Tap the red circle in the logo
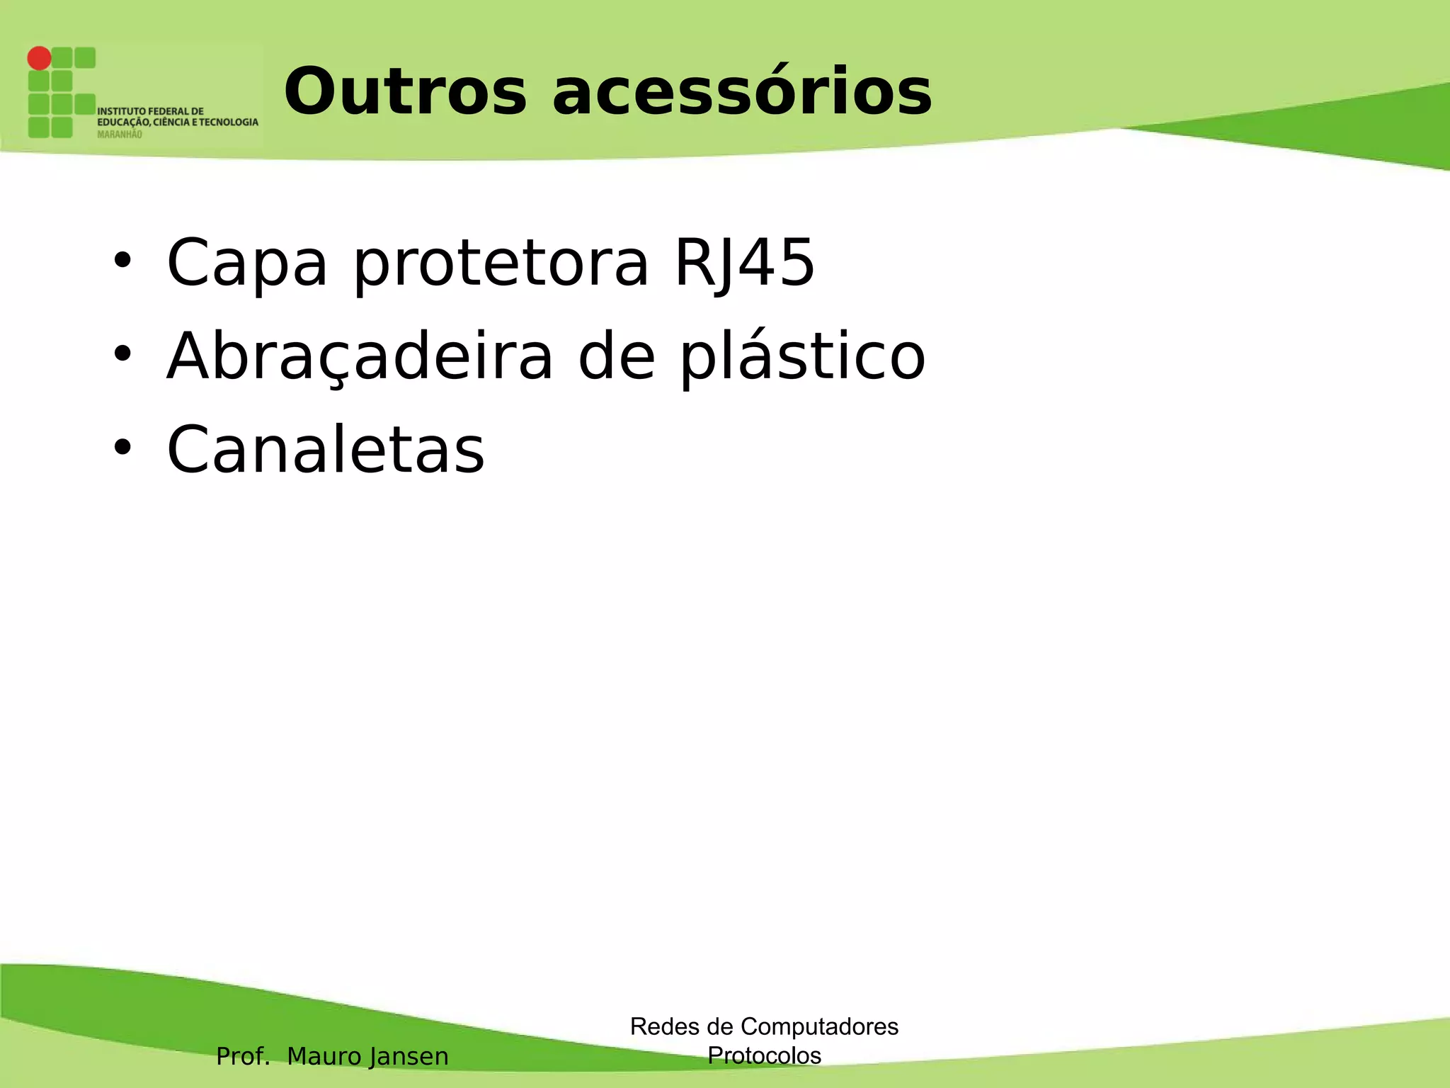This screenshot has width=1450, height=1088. point(40,58)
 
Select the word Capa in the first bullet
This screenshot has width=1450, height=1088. point(247,263)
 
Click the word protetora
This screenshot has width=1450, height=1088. point(501,263)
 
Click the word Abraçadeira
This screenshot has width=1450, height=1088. point(359,357)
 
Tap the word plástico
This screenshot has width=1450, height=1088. point(802,357)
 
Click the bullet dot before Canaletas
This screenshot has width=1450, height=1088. point(122,448)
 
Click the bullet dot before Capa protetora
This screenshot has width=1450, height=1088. point(122,261)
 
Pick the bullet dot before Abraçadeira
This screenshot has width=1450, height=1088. point(122,354)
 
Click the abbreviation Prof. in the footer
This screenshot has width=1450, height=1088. point(243,1056)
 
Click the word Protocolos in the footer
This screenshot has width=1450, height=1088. point(764,1055)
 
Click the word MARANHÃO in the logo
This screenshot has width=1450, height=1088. point(120,135)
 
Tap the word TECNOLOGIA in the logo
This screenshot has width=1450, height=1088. point(228,123)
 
